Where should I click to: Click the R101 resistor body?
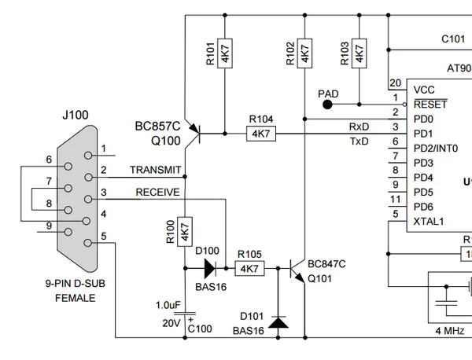point(225,53)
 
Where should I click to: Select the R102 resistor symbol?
point(305,53)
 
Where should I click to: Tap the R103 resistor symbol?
point(360,53)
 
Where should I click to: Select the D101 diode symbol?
point(278,322)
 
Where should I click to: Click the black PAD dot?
point(327,105)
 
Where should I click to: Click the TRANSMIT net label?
point(156,170)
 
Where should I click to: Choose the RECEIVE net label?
point(157,192)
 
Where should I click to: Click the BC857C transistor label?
point(157,126)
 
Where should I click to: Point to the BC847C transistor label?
point(326,264)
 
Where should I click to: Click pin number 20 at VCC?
point(395,83)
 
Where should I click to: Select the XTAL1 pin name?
point(429,222)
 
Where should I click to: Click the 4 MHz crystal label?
point(450,330)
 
